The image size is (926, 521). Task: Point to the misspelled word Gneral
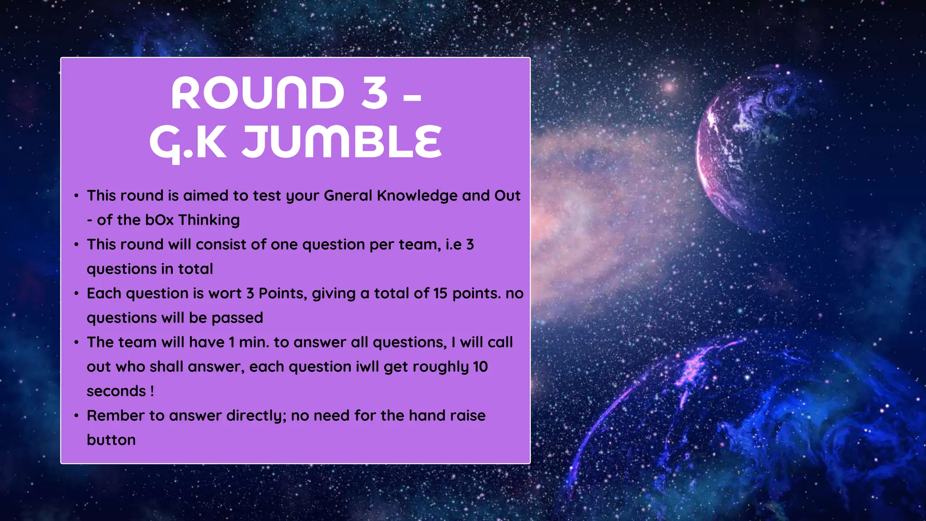click(348, 195)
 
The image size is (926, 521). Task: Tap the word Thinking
click(209, 220)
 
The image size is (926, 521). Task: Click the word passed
click(237, 317)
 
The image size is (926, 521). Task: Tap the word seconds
click(116, 391)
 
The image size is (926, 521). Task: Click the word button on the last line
click(111, 440)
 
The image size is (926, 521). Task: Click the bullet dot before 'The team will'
click(76, 342)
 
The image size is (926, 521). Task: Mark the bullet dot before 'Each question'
click(76, 293)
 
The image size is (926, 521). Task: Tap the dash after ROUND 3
click(412, 96)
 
